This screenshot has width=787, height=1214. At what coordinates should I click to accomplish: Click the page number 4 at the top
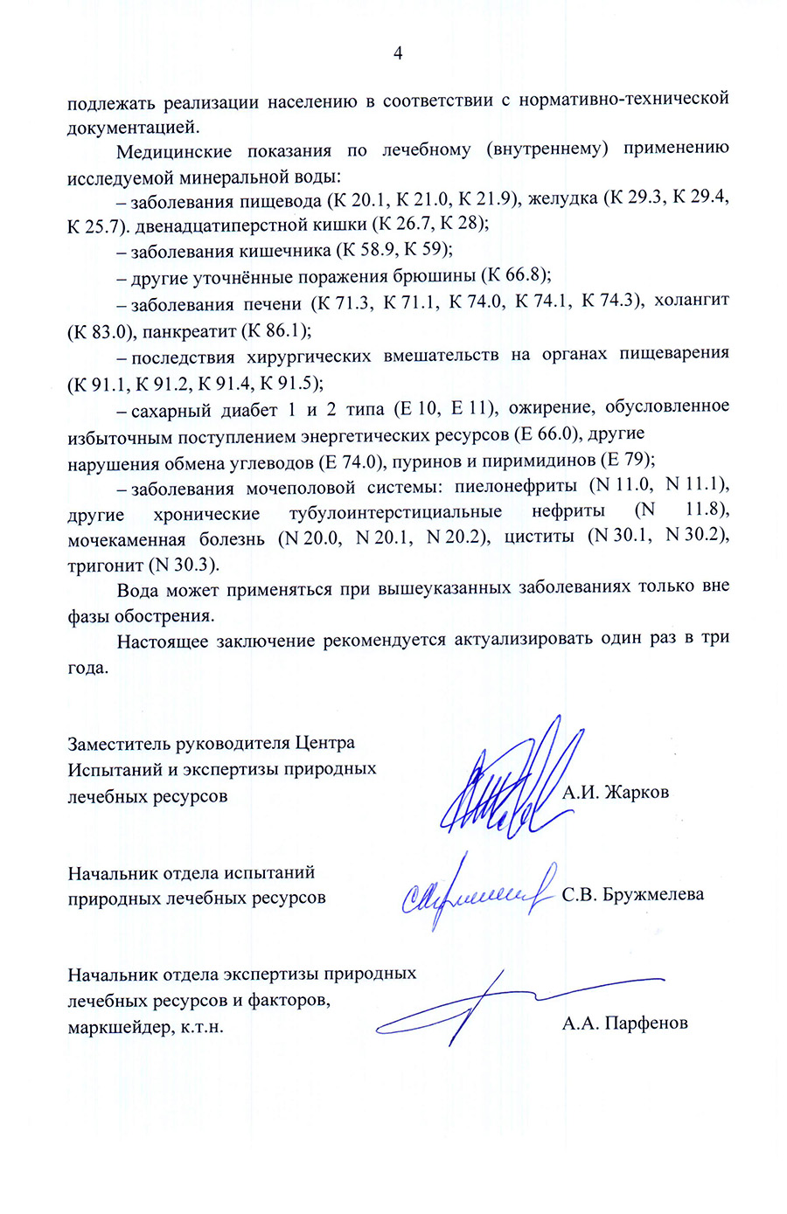398,53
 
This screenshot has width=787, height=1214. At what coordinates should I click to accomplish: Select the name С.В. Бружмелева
632,894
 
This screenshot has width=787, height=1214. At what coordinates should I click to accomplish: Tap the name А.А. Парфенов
624,1023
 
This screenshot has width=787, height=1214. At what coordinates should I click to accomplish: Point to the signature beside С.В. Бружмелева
477,894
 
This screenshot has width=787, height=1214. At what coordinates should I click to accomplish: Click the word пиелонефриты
515,485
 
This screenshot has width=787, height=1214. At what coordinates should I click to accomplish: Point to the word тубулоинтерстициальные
395,511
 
